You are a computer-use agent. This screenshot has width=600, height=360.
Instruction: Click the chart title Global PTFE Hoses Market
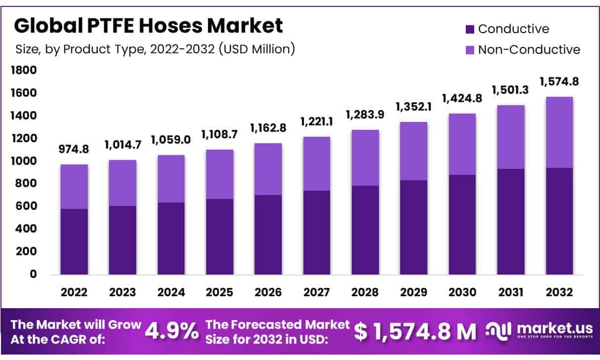149,26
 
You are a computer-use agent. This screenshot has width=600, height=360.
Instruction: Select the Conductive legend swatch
470,29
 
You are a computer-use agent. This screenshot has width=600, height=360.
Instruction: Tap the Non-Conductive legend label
529,49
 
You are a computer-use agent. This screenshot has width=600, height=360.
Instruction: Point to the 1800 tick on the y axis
24,71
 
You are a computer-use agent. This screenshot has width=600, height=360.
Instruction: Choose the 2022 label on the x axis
74,292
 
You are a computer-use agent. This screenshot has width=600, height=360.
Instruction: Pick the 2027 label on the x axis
317,292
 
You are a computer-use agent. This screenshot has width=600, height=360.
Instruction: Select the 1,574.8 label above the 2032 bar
559,81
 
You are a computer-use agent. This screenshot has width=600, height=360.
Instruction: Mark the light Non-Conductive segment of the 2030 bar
462,144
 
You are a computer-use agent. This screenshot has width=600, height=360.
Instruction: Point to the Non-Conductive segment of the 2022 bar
74,187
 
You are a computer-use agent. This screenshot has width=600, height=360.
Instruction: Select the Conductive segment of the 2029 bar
414,227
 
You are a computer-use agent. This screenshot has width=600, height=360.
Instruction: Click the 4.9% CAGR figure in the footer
171,331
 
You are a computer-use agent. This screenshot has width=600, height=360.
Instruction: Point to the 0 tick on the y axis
33,274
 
